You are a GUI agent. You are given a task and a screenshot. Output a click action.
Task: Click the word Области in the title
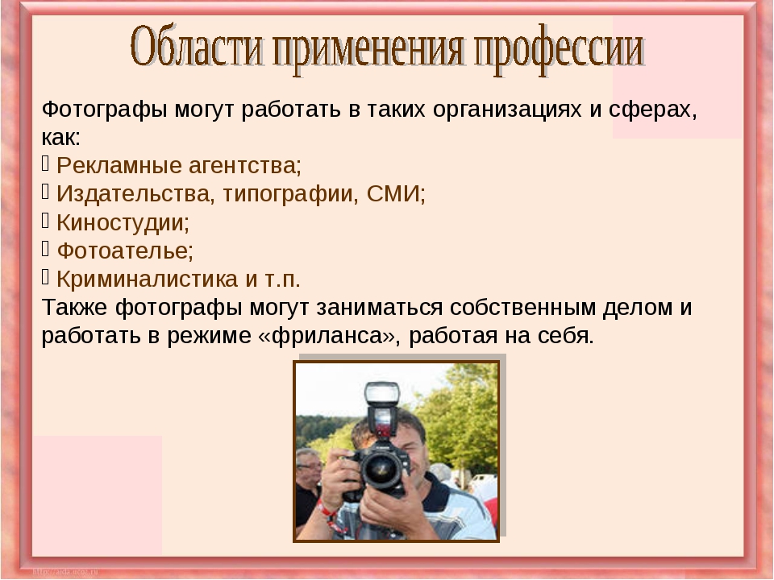197,47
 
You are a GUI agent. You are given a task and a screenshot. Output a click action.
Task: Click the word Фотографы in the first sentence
104,110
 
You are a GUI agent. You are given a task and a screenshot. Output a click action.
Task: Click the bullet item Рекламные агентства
179,166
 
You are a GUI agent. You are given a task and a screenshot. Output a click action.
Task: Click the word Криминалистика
148,280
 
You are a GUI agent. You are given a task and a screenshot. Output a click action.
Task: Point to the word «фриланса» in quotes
327,336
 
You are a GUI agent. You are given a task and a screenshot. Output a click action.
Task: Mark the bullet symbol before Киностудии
45,221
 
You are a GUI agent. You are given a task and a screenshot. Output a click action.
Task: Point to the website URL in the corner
65,572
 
